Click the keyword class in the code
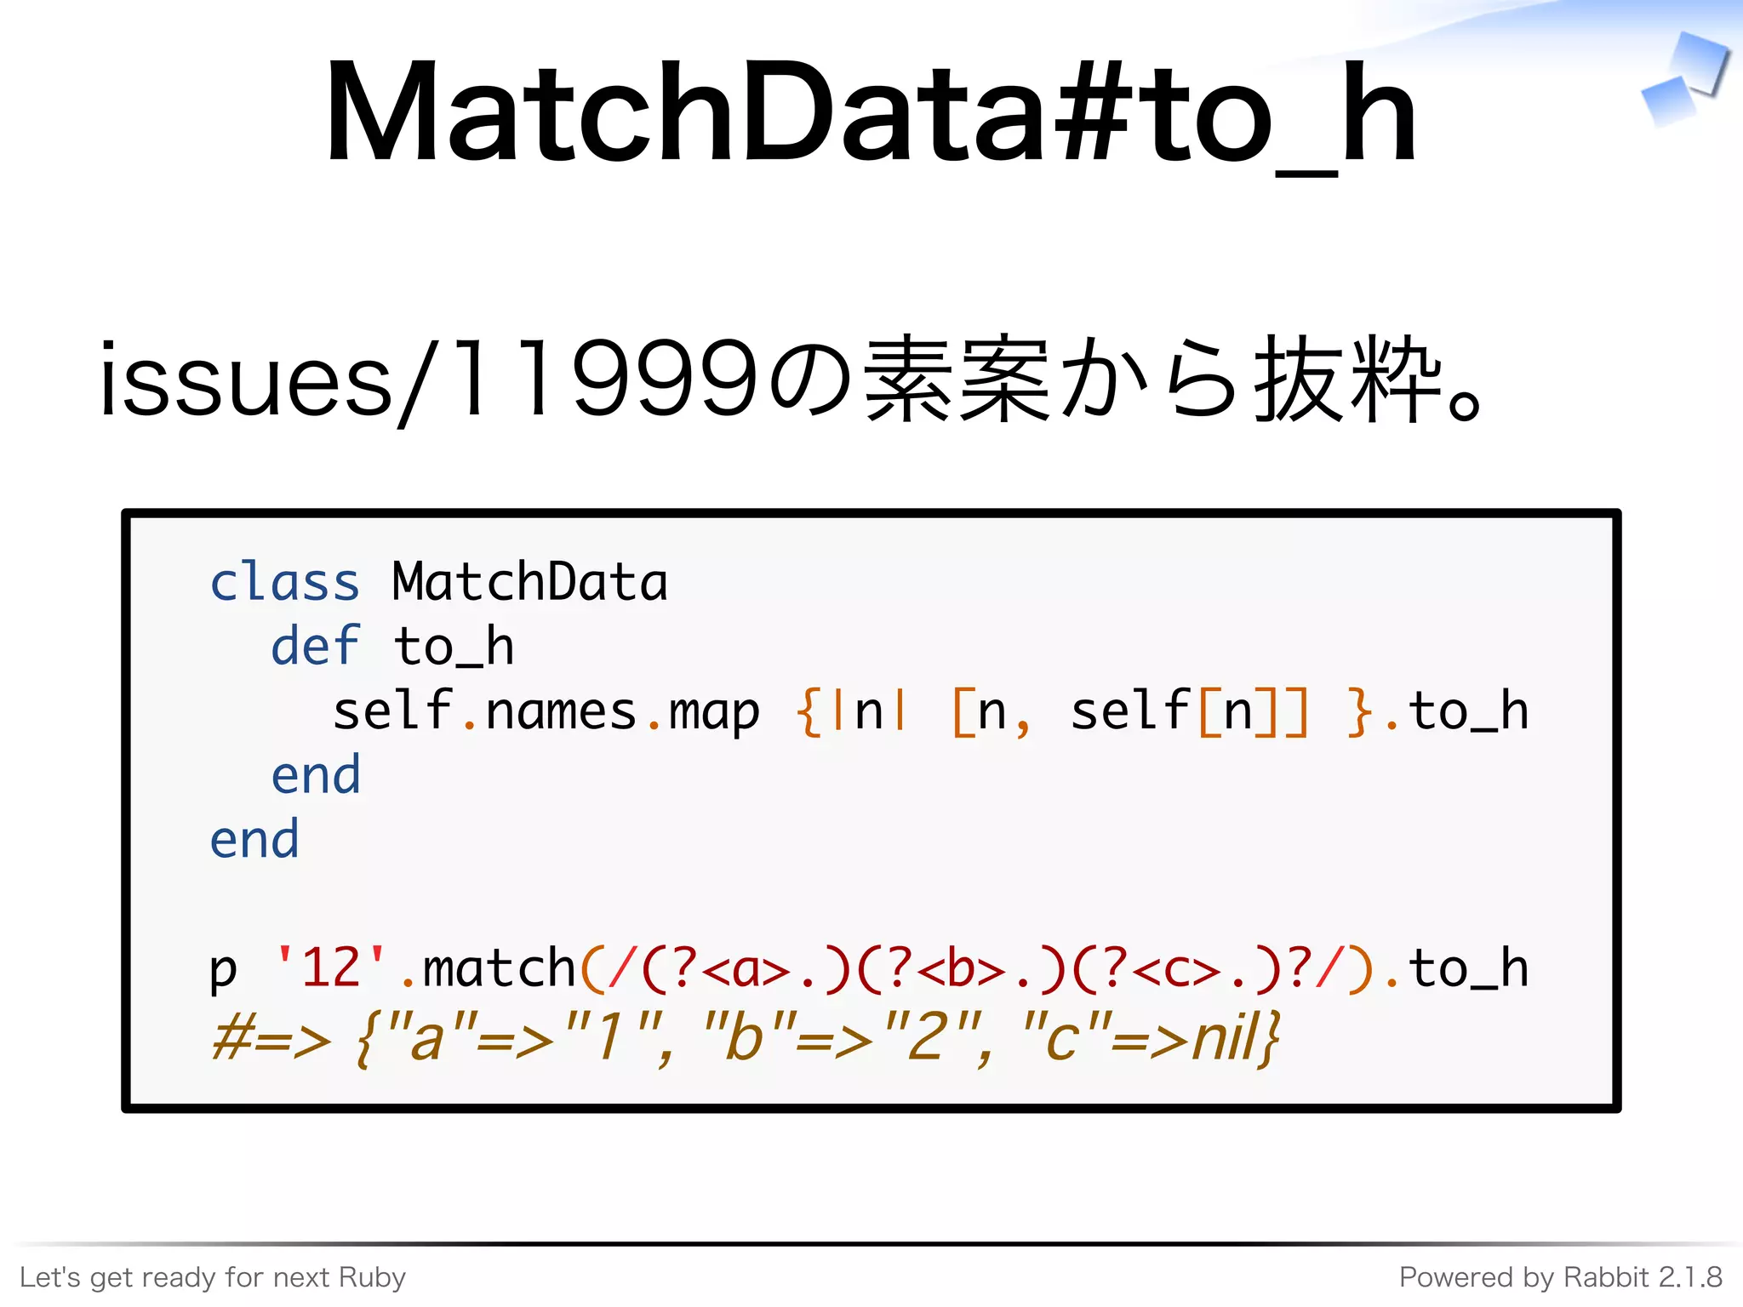click(284, 584)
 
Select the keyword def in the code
click(315, 647)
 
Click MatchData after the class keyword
click(529, 584)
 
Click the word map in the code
click(713, 713)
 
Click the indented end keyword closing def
click(315, 776)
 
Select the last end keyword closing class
click(254, 841)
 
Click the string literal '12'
click(330, 968)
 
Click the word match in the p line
click(500, 968)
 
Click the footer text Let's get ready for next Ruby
click(213, 1277)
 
